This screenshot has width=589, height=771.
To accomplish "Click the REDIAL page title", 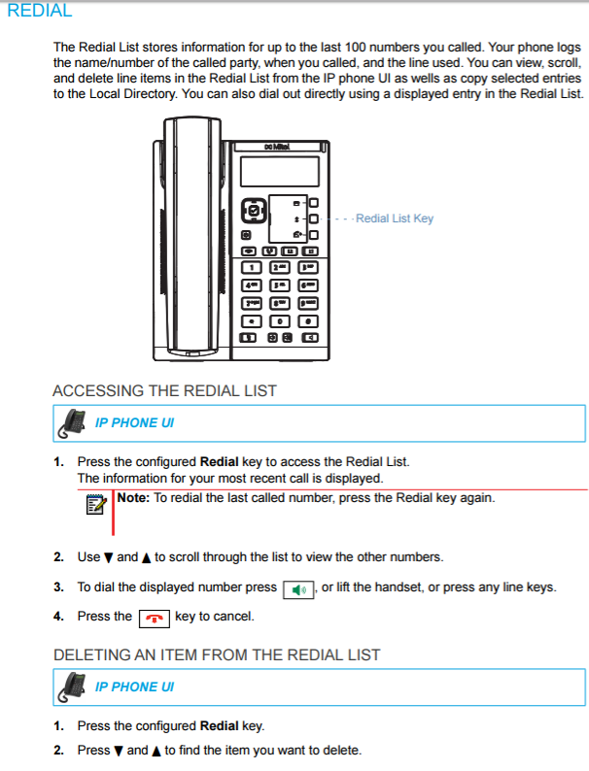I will pos(40,12).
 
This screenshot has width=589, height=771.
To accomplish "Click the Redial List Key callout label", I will pos(395,218).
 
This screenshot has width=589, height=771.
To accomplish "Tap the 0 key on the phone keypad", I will pos(280,320).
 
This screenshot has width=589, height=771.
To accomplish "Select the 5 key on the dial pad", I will pos(280,285).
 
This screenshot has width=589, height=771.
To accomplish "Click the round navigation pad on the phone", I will pos(254,211).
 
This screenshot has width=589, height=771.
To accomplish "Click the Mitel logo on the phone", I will pos(279,147).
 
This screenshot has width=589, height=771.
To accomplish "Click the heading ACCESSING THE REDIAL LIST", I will pos(164,390).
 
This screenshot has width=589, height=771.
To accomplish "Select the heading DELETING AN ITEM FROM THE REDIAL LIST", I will pos(216,654).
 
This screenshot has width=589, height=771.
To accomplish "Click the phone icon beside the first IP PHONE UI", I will pos(73,422).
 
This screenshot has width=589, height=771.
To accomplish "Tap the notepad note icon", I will pos(95,504).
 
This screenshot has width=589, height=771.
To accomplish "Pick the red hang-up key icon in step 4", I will pos(154,618).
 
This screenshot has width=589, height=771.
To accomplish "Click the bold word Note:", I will pos(133,498).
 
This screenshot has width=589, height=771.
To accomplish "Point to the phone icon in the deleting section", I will pos(73,687).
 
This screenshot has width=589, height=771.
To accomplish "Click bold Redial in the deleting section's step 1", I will pos(220,725).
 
